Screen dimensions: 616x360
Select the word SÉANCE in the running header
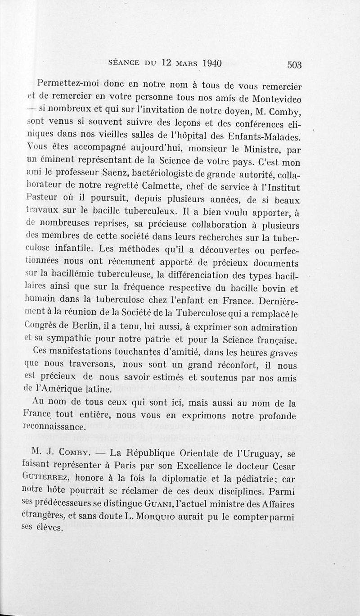click(x=126, y=64)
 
